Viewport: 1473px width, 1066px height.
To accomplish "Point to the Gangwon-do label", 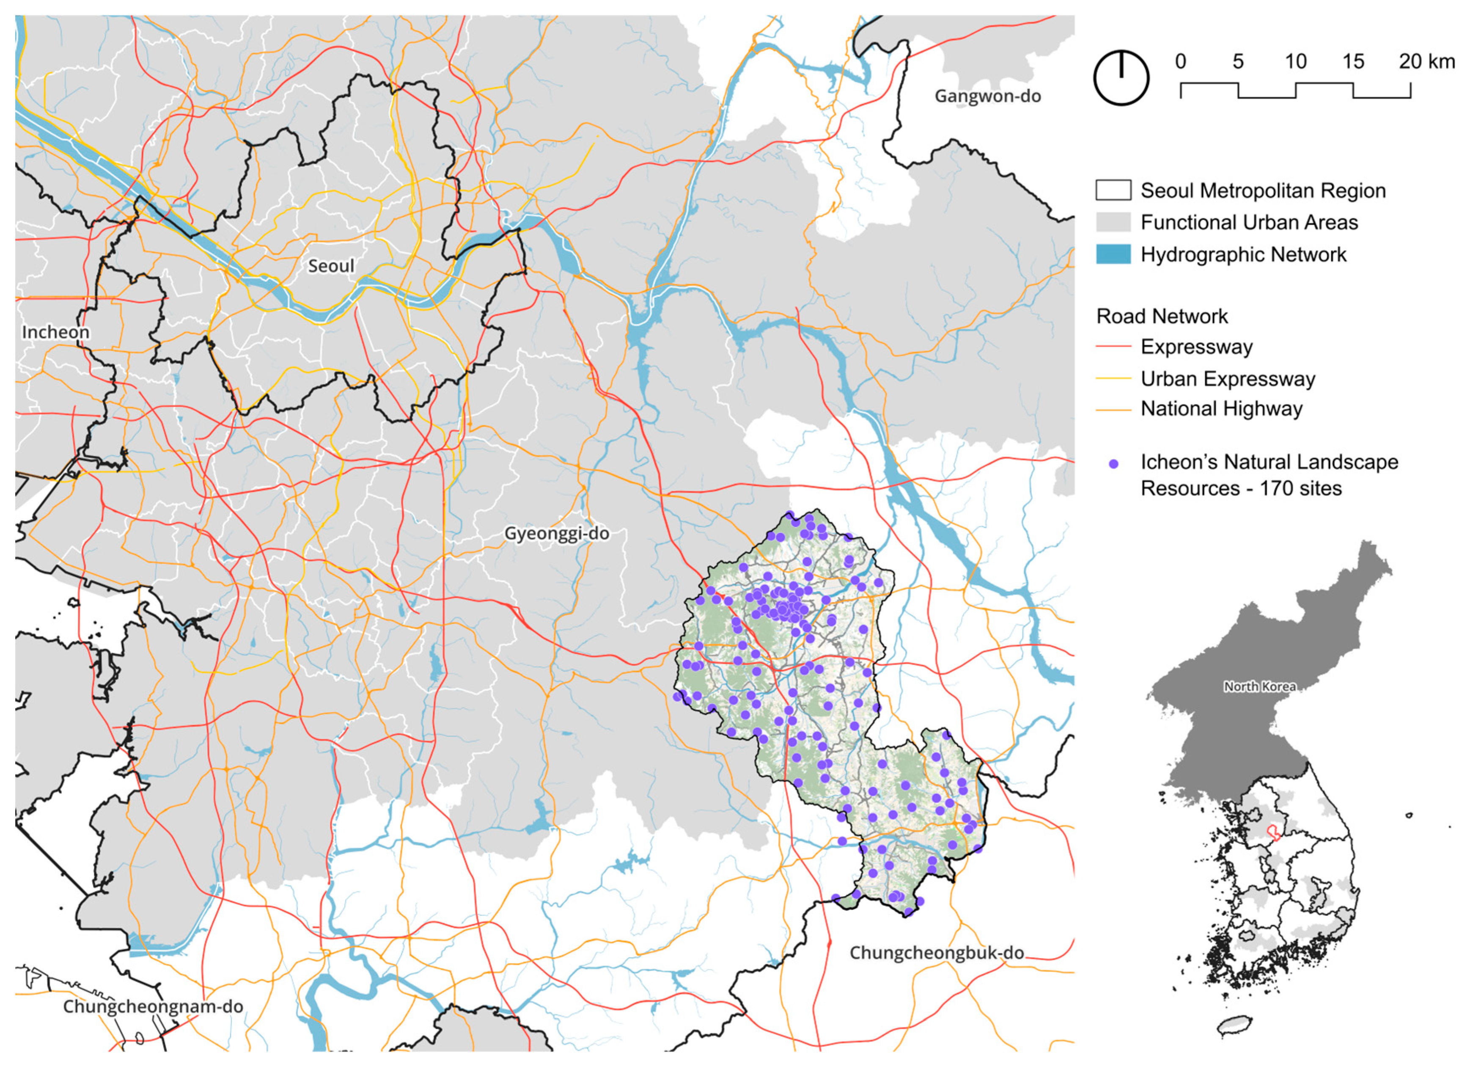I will pos(987,96).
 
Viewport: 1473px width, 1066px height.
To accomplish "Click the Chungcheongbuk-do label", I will pos(937,953).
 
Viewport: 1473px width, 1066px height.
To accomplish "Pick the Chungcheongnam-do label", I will pos(153,1006).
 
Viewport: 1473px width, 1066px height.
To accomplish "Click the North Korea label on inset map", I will pos(1259,687).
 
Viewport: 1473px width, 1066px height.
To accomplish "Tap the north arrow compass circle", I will pos(1121,77).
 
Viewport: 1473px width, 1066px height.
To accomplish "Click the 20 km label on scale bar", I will pos(1426,62).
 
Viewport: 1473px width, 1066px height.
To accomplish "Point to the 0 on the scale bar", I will pos(1180,62).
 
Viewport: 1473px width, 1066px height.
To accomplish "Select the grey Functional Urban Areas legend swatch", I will pos(1113,222).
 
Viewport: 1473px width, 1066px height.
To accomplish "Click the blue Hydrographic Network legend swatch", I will pos(1113,254).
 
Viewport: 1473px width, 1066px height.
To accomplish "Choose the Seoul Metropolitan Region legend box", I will pos(1113,190).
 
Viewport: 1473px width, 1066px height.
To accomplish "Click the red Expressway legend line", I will pos(1113,347).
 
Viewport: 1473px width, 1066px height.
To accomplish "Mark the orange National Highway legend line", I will pos(1113,409).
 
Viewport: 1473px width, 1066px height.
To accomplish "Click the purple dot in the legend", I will pos(1113,464).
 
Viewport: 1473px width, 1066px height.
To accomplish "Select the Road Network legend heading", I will pos(1162,317).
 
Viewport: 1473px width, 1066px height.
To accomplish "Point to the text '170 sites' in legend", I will pos(1300,488).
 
